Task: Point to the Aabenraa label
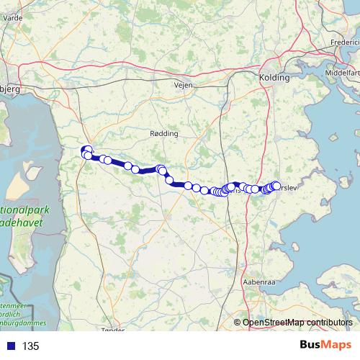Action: pos(260,282)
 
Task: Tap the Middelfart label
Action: pos(342,73)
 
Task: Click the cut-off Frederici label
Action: pos(343,42)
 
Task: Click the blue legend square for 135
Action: pos(9,346)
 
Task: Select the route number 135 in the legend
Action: pos(30,346)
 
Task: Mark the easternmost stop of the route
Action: pos(276,186)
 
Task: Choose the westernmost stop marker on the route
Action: pos(85,150)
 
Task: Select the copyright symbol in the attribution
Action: pos(238,323)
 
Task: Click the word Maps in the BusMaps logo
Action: pos(336,346)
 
